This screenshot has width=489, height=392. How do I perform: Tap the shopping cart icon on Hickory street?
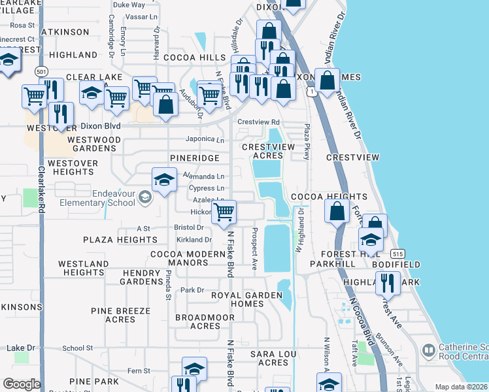click(224, 211)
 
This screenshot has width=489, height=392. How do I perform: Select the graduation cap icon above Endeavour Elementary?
click(164, 178)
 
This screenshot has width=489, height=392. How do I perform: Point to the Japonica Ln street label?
click(205, 139)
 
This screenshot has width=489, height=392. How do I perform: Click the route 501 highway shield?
click(42, 71)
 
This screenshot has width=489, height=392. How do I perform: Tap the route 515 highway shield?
click(397, 253)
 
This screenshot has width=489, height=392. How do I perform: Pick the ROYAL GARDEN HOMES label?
click(246, 299)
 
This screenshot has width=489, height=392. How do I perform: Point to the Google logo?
click(22, 384)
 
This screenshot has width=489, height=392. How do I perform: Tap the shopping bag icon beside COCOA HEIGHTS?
click(337, 211)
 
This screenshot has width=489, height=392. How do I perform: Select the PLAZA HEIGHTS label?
click(120, 240)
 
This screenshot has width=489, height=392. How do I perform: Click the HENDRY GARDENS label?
click(141, 276)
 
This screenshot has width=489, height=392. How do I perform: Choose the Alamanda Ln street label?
click(203, 176)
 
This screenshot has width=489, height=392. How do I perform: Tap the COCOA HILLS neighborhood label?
click(195, 58)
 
